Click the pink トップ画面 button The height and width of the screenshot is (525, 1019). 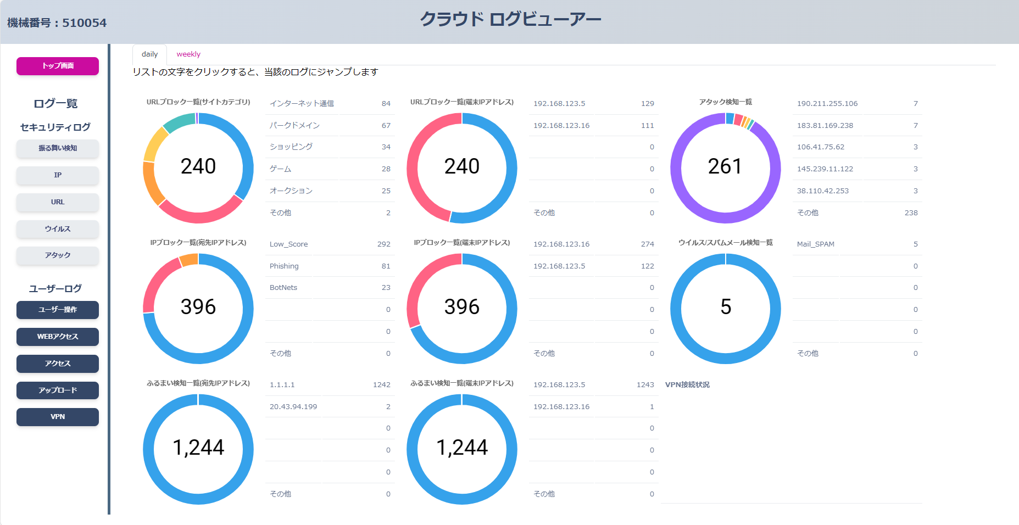tap(58, 66)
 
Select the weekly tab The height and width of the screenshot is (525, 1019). tap(188, 54)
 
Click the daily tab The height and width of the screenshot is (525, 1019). tap(149, 54)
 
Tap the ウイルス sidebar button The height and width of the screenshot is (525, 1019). tap(58, 229)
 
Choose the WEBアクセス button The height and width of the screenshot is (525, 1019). tap(58, 337)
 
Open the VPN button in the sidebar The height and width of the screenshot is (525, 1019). tap(58, 417)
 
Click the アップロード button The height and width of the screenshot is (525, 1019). tap(58, 390)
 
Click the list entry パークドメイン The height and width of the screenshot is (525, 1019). tap(294, 125)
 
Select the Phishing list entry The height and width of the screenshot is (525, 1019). tap(284, 266)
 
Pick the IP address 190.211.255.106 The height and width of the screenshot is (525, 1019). tap(827, 103)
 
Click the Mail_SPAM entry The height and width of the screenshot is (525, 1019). tap(815, 244)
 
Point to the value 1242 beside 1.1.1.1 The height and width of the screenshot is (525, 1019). tap(381, 384)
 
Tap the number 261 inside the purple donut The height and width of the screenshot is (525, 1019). tap(725, 166)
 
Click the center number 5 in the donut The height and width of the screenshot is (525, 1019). tap(725, 307)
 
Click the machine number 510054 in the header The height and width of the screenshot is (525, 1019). tap(84, 23)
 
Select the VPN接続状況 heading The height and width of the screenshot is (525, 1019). tap(687, 384)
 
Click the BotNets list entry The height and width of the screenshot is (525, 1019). tap(283, 288)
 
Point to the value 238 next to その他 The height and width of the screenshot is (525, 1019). tap(911, 213)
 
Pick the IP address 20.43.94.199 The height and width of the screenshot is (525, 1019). tap(293, 406)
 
